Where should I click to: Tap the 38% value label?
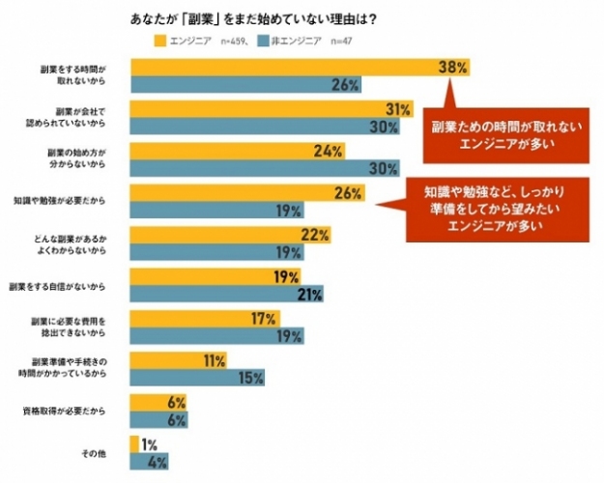452,68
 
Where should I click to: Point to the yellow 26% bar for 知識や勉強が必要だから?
246,192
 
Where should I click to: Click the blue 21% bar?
226,295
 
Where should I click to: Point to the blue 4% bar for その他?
145,462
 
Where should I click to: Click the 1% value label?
150,445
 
